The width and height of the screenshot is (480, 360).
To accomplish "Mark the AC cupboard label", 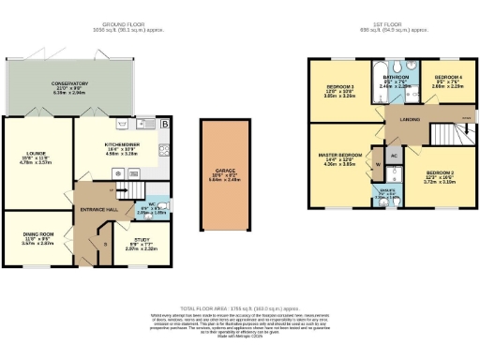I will (394, 156).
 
